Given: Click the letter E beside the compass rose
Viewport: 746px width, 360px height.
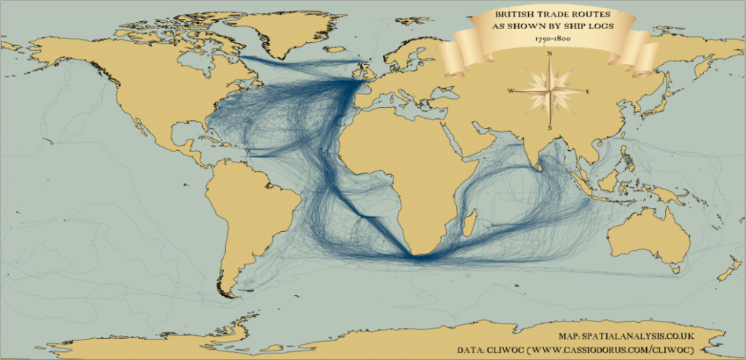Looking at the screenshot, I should click(x=587, y=90).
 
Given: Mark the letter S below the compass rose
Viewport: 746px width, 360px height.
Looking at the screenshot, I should click(x=549, y=128).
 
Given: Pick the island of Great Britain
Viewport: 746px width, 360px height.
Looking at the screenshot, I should click(x=366, y=73).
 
